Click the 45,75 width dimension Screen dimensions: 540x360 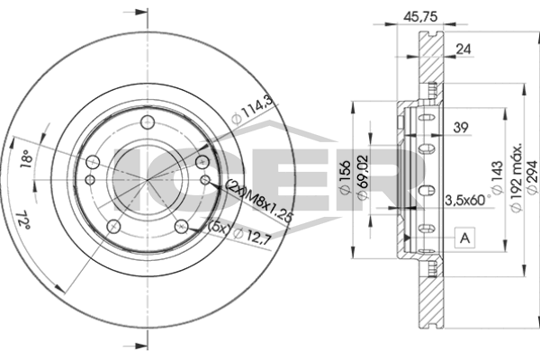pos(420,16)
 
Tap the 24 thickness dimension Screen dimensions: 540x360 pos(463,49)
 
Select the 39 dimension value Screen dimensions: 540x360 pos(461,128)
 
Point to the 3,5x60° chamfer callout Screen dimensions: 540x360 pos(468,200)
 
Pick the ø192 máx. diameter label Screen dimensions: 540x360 pos(517,178)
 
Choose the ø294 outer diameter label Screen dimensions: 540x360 pos(532,176)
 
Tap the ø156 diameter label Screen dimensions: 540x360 pos(346,176)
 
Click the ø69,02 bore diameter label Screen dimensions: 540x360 pos(363,177)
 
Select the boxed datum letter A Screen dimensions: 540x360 pos(464,238)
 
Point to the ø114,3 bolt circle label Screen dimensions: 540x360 pos(252,110)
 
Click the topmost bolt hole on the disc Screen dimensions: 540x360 pos(148,122)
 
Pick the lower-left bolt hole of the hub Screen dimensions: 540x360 pos(113,227)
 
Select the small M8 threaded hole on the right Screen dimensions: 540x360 pos(205,179)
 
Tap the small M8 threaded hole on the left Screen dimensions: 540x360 pos(90,179)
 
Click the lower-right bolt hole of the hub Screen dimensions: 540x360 pos(182,227)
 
